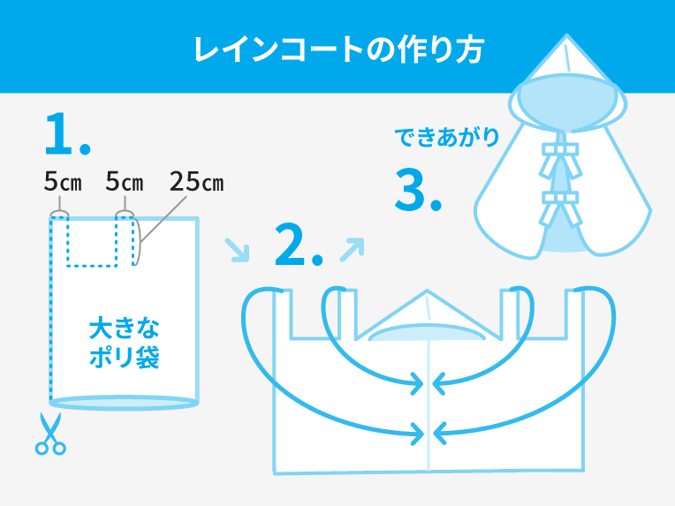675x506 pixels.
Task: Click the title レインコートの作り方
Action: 339,50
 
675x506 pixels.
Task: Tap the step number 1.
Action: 67,134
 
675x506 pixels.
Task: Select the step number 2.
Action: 299,244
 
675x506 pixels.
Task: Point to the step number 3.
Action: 418,190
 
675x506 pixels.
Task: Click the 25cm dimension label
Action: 197,182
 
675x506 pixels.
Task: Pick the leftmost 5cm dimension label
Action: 63,182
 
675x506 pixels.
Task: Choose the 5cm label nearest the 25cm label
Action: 125,182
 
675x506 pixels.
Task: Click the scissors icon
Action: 50,434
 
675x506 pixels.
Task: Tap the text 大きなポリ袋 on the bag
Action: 124,343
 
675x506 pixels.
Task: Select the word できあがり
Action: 446,137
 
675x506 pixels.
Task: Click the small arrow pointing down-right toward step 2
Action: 237,250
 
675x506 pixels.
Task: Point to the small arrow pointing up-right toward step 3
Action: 352,250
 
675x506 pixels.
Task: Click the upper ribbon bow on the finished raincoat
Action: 560,160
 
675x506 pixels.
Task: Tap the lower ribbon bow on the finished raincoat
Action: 560,208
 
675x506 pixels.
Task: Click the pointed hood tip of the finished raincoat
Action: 566,36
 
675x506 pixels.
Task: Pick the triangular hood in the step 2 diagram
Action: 428,315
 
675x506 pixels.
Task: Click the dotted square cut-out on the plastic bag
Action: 92,241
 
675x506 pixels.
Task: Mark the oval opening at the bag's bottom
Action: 124,403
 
